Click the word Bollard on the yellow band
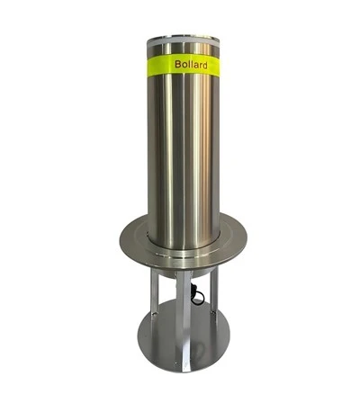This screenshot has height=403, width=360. [x=191, y=65]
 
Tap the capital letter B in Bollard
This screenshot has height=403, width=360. [x=177, y=64]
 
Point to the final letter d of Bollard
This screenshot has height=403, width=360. [x=204, y=65]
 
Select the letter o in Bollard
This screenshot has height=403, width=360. [x=184, y=65]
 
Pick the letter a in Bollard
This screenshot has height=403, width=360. [x=194, y=66]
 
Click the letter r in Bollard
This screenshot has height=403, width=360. [x=200, y=66]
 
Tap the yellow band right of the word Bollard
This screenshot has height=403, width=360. [x=213, y=66]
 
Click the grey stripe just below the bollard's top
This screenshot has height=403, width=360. [x=183, y=44]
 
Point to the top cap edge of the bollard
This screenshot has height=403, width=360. [x=183, y=38]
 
